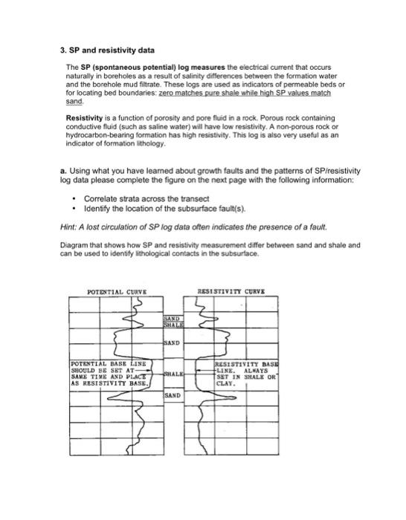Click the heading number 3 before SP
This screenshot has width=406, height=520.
[x=62, y=51]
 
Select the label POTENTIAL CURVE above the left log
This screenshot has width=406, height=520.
[x=117, y=292]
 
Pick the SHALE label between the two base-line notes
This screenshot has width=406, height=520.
[x=174, y=375]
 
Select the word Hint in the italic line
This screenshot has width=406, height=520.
[x=68, y=226]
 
